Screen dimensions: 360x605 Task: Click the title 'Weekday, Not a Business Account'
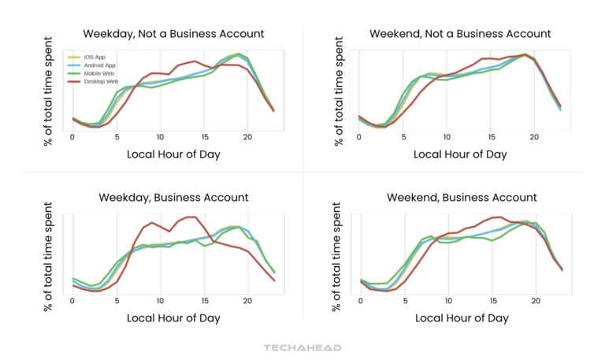click(x=173, y=34)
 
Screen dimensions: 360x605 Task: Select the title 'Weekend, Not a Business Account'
click(x=460, y=34)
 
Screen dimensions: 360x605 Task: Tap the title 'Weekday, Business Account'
click(x=173, y=198)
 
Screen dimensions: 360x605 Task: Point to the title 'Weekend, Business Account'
click(x=460, y=198)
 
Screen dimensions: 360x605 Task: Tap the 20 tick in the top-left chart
click(x=247, y=137)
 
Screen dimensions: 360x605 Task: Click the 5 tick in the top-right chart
click(x=403, y=137)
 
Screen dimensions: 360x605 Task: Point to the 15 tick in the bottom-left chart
click(x=204, y=301)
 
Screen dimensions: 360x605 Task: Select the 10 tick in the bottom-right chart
click(x=447, y=301)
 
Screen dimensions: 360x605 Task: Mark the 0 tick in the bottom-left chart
click(x=72, y=301)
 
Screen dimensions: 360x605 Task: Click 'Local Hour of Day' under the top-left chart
click(x=173, y=154)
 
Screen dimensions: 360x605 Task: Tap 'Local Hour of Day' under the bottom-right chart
click(x=460, y=318)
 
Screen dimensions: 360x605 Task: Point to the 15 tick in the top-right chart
click(x=490, y=137)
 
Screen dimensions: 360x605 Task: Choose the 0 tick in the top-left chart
click(x=72, y=137)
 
